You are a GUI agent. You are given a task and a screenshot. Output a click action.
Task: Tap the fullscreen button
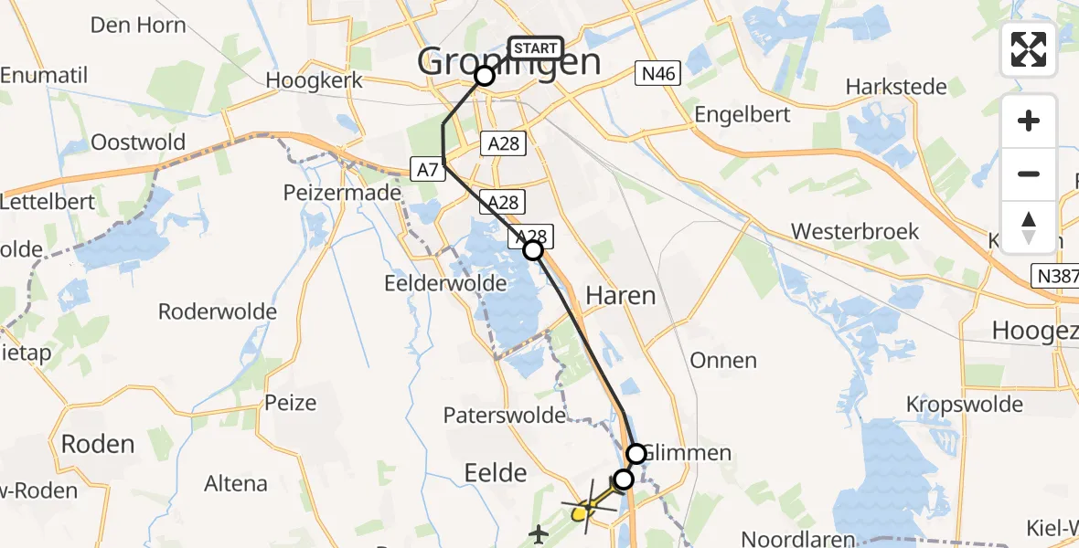click(1029, 49)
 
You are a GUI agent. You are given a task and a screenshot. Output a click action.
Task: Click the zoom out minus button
click(1029, 174)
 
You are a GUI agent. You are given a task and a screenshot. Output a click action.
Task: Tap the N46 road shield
click(657, 74)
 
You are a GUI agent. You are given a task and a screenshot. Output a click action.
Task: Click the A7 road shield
click(427, 168)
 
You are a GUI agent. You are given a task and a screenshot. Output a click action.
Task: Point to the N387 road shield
click(1057, 275)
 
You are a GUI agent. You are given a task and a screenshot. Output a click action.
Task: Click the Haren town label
click(621, 296)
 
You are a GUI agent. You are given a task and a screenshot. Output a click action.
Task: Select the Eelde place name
click(496, 472)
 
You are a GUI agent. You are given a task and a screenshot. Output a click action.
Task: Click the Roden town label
click(98, 444)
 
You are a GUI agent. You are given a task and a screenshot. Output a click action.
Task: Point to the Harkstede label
click(895, 87)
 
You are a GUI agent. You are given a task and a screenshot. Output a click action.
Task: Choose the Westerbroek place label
click(855, 231)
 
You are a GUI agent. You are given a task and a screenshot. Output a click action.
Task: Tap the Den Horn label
click(138, 25)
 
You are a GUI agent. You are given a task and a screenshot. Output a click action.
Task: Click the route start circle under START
click(485, 76)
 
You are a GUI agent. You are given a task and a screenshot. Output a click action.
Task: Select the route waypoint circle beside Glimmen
click(636, 454)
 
